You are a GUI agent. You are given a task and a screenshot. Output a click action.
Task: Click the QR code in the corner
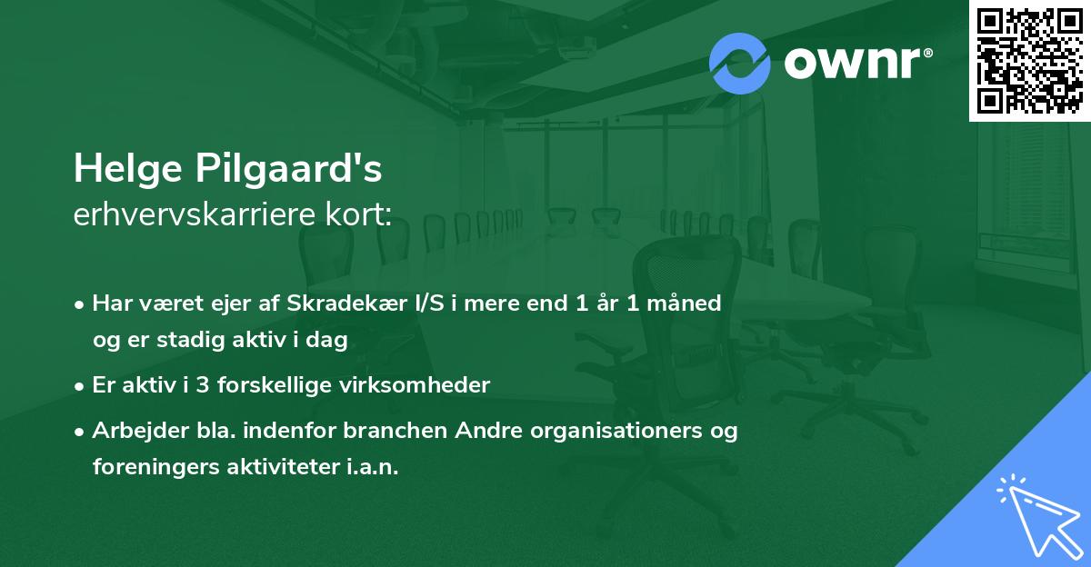click(1029, 60)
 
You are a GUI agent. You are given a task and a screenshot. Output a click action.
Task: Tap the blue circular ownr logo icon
click(739, 64)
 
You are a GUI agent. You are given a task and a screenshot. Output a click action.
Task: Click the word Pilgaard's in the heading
click(289, 168)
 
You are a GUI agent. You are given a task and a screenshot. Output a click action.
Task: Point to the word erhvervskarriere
click(195, 214)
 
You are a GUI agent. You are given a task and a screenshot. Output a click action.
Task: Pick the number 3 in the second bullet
click(203, 385)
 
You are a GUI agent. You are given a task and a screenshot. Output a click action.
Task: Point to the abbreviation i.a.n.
click(373, 467)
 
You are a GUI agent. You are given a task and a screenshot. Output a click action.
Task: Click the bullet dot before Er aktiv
click(79, 387)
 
